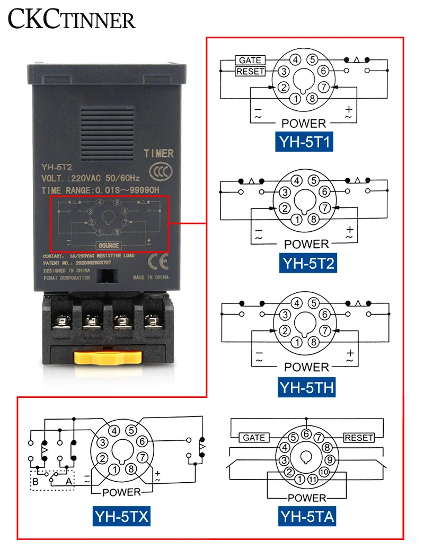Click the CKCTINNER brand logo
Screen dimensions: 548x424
click(72, 20)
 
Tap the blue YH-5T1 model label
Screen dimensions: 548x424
click(304, 142)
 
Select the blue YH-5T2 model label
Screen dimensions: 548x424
click(308, 263)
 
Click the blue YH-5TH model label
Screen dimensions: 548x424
click(306, 387)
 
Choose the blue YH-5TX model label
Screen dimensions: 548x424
click(122, 516)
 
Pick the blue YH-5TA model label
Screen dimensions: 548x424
click(307, 516)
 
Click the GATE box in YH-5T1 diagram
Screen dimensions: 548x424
click(250, 60)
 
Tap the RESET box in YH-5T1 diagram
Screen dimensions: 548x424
click(250, 71)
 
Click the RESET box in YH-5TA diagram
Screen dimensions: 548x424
click(359, 438)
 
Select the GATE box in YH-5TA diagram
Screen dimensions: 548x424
click(254, 438)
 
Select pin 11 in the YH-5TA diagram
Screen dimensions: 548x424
click(313, 480)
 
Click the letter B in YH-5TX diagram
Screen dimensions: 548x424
click(36, 482)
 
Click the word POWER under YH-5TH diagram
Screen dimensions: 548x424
click(306, 367)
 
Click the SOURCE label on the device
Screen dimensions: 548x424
click(108, 245)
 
